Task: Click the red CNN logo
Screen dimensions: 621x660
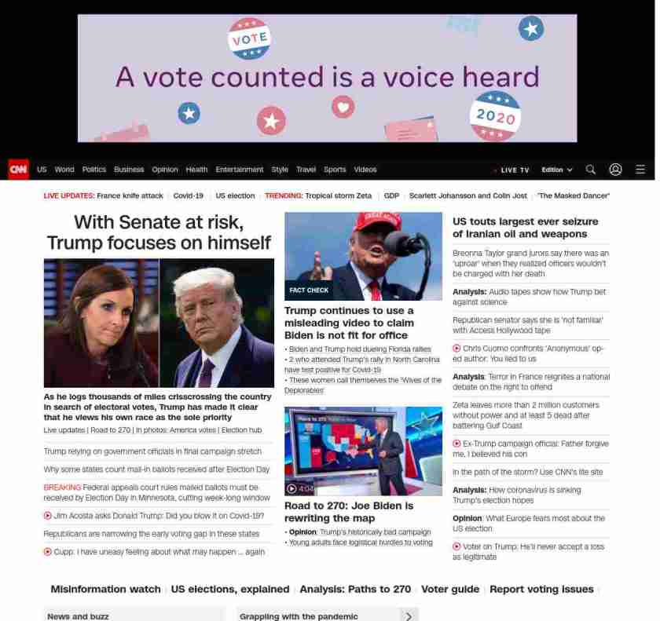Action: pyautogui.click(x=18, y=170)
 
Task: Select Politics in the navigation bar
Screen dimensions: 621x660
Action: pyautogui.click(x=93, y=170)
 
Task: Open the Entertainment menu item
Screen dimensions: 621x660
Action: pyautogui.click(x=240, y=170)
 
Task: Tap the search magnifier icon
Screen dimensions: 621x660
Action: pyautogui.click(x=591, y=170)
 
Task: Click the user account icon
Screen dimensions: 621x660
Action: pyautogui.click(x=616, y=170)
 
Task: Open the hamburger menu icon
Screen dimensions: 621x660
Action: pyautogui.click(x=640, y=170)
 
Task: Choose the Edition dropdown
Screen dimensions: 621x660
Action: pyautogui.click(x=556, y=170)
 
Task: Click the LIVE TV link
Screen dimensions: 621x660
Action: pyautogui.click(x=515, y=170)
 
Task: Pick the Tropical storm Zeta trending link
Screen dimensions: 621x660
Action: pyautogui.click(x=339, y=195)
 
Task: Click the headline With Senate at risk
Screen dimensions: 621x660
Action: pyautogui.click(x=159, y=232)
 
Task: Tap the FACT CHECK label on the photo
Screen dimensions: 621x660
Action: pyautogui.click(x=309, y=290)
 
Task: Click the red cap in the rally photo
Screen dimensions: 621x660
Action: pyautogui.click(x=377, y=221)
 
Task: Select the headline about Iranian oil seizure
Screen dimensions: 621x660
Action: pyautogui.click(x=525, y=228)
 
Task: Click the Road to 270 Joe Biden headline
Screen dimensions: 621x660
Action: pyautogui.click(x=348, y=512)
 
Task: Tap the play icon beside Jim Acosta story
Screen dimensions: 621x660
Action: pyautogui.click(x=48, y=516)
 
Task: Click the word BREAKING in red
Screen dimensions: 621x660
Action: pyautogui.click(x=62, y=488)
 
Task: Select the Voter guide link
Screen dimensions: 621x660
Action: pyautogui.click(x=449, y=589)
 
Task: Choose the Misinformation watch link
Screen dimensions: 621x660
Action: pyautogui.click(x=105, y=589)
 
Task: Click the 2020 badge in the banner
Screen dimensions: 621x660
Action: pyautogui.click(x=495, y=116)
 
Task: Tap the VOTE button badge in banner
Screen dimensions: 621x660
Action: pyautogui.click(x=249, y=38)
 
